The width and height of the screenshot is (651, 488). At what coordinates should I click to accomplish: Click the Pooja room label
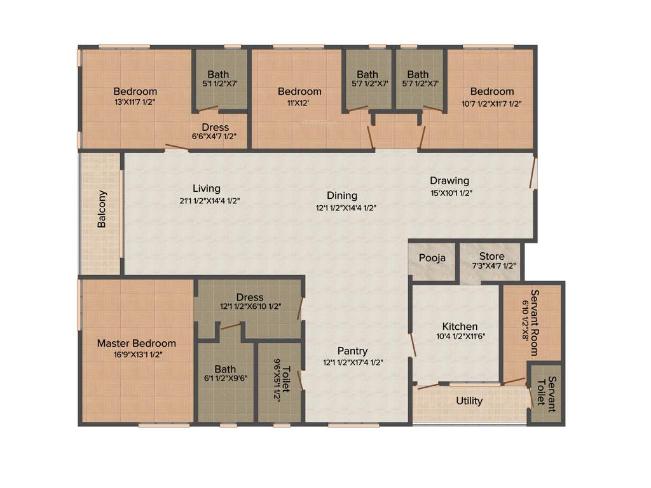coord(432,258)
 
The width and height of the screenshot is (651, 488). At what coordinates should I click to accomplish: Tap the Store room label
coord(492,256)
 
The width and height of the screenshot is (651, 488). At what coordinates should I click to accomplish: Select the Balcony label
coord(102,209)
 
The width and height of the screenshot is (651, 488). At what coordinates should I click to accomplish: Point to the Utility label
coord(469,401)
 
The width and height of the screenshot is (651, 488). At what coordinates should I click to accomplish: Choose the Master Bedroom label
coord(137,343)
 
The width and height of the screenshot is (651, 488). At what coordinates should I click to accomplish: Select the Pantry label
coord(352,351)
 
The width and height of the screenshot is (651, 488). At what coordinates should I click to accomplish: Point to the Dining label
coord(342,196)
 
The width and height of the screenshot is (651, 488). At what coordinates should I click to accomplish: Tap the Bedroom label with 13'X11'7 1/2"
coord(135,91)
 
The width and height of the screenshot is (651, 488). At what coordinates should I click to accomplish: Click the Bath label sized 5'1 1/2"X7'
coord(218,75)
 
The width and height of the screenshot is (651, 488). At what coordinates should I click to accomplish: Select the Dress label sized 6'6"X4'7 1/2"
coord(215,128)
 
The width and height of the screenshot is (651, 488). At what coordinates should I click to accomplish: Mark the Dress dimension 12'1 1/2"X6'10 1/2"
coord(250,306)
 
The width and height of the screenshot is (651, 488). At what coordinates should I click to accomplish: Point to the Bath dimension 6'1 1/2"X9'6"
coord(225,377)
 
